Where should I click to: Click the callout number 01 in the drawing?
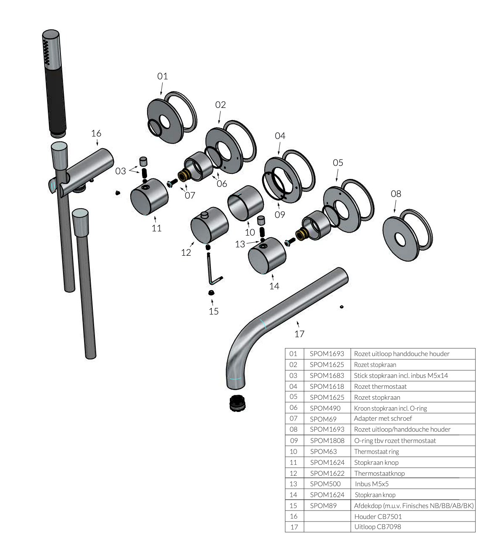tap(163, 76)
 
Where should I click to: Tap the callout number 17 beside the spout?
tap(299, 334)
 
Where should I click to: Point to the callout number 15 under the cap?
tap(213, 311)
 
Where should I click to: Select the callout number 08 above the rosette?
tap(396, 194)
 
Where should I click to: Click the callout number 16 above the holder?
tap(96, 133)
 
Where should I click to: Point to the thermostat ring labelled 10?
tap(245, 203)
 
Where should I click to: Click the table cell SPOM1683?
tap(327, 375)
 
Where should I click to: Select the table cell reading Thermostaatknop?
tap(379, 473)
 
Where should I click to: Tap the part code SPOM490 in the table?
tap(325, 408)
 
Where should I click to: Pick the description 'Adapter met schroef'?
tap(383, 418)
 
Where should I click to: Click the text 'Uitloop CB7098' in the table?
tap(377, 527)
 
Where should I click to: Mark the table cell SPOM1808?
tap(327, 440)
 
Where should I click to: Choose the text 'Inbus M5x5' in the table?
tap(372, 484)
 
